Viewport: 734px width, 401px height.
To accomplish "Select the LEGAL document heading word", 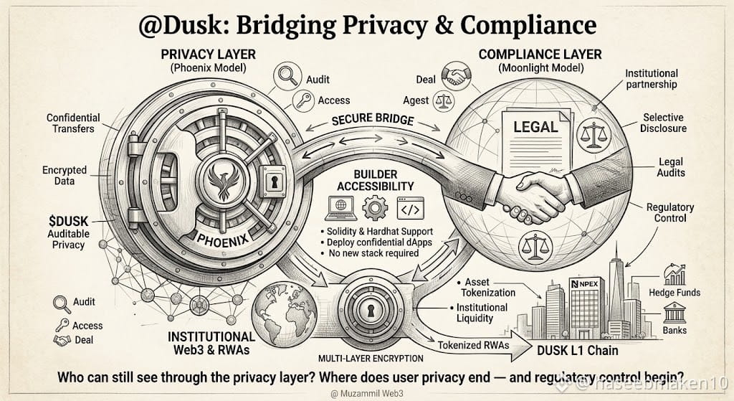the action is point(535,126).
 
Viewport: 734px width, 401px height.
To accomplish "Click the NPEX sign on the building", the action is point(585,284).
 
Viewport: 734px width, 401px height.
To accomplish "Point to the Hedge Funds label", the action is point(675,292).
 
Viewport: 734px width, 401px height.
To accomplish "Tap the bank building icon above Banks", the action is point(675,313).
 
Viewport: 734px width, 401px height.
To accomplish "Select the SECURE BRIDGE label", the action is point(373,120).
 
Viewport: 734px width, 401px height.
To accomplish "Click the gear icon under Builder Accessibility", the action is point(375,207).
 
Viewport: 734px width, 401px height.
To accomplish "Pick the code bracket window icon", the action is point(410,209).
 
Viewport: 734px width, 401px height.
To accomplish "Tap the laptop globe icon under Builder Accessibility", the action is point(340,208).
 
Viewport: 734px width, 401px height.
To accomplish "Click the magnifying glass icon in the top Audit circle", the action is point(287,75).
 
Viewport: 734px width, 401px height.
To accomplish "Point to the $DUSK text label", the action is point(68,221).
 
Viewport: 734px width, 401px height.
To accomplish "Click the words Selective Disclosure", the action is point(663,123).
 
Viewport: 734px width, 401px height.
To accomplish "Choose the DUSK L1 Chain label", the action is point(577,350).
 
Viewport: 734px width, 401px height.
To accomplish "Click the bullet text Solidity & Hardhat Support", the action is point(376,232).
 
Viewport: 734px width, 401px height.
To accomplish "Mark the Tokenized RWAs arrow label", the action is point(473,345).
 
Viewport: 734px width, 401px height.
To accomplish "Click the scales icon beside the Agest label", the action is point(443,101).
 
